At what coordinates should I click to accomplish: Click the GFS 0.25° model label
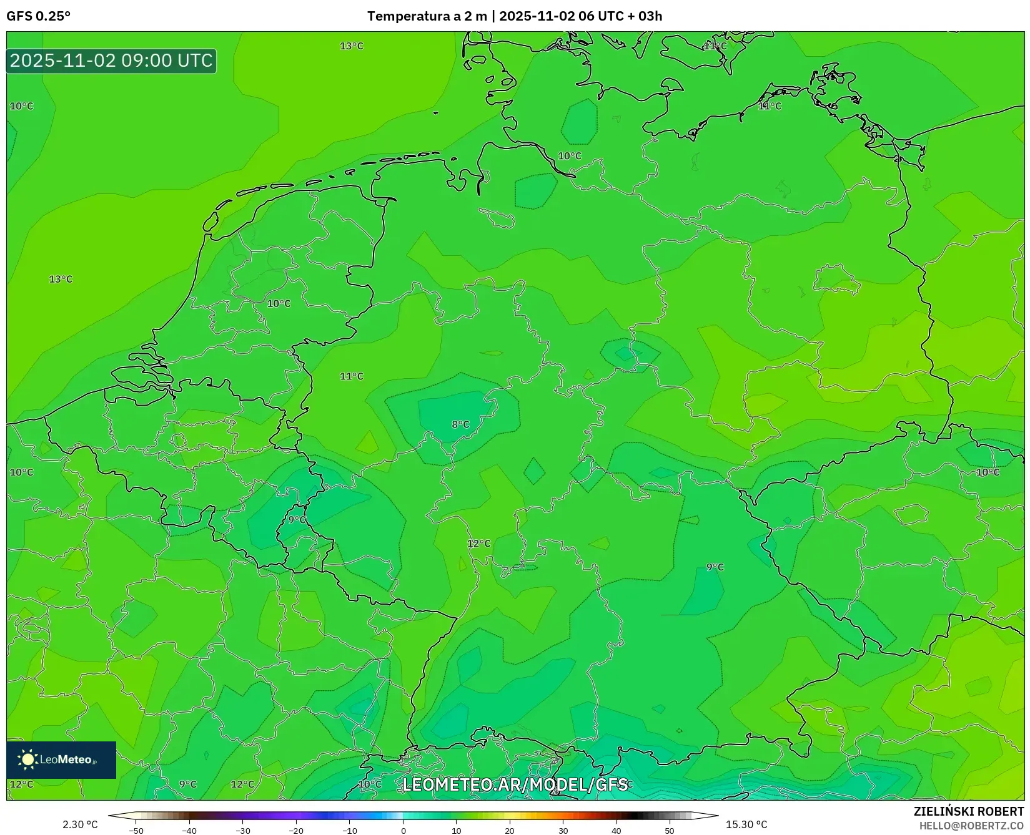click(x=38, y=16)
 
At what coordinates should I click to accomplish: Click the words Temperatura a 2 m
click(x=427, y=16)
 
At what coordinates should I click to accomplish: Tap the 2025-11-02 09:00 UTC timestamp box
click(x=111, y=61)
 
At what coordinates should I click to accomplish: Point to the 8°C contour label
click(x=460, y=424)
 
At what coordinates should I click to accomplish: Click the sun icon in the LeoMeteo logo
click(x=28, y=759)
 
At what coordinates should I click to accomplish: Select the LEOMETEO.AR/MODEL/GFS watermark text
click(x=515, y=784)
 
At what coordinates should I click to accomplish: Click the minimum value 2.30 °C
click(x=80, y=824)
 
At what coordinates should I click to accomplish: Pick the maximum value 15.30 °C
click(x=746, y=824)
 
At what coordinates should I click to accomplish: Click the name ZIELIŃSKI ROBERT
click(x=969, y=811)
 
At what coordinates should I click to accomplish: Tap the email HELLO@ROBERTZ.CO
click(x=971, y=826)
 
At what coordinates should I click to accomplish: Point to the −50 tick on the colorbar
click(x=136, y=831)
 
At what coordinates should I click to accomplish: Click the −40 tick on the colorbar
click(x=189, y=831)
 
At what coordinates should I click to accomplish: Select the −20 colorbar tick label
click(x=296, y=831)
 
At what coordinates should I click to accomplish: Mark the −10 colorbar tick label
click(x=350, y=831)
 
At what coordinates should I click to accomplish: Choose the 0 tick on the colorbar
click(x=404, y=831)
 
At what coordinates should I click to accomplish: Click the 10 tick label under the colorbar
click(x=457, y=831)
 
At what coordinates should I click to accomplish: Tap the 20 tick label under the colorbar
click(x=510, y=831)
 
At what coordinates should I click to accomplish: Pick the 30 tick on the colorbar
click(x=563, y=831)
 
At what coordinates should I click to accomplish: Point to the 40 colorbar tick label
click(x=617, y=831)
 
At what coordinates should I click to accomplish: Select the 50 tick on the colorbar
click(x=670, y=831)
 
